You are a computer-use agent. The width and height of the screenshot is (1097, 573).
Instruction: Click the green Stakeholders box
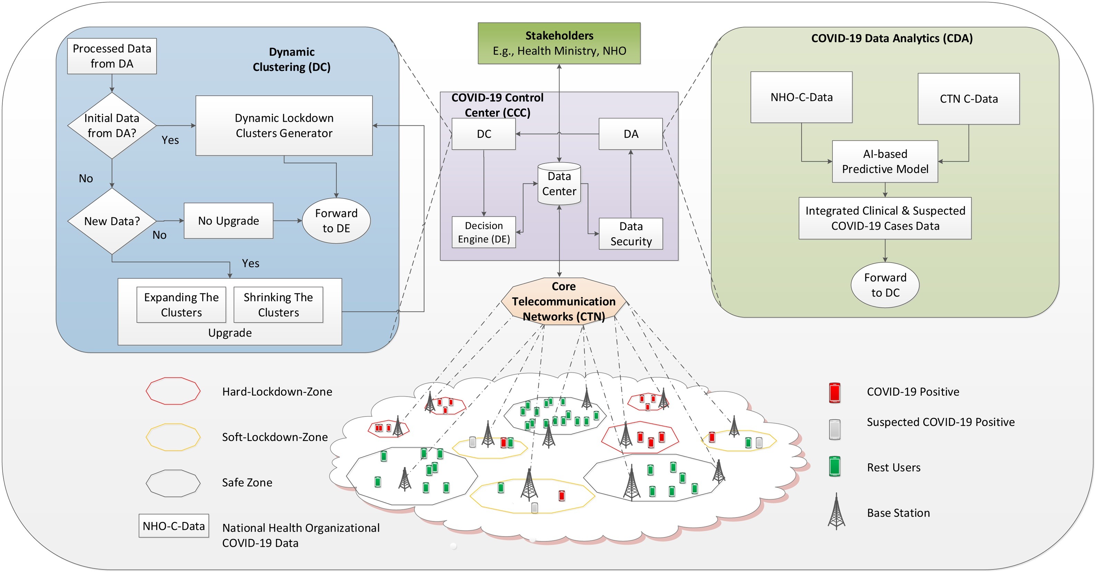click(559, 43)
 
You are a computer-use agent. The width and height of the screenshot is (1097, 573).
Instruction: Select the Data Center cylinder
click(559, 184)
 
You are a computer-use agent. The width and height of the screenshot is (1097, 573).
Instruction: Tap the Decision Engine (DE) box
click(483, 232)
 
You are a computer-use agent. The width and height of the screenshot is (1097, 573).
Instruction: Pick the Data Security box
click(631, 234)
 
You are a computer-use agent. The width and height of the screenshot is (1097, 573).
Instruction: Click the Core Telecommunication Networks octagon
click(564, 301)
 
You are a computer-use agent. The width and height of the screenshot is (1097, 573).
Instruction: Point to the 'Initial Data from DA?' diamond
click(112, 126)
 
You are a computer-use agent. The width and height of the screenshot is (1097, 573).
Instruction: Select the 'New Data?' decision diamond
click(112, 221)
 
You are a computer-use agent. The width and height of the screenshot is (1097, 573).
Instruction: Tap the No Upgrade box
click(228, 221)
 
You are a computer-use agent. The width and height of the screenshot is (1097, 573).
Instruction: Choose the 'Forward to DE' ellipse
click(336, 221)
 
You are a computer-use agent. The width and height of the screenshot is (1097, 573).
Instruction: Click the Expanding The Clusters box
click(181, 305)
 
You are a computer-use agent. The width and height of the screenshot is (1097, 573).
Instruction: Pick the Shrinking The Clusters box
click(278, 305)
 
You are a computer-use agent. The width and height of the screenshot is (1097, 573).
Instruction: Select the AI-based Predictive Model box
click(885, 161)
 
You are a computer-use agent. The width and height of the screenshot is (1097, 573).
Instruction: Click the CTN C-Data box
click(969, 99)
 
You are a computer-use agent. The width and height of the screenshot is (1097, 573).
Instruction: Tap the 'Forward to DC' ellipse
click(885, 285)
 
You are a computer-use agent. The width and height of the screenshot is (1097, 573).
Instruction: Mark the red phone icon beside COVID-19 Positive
click(834, 392)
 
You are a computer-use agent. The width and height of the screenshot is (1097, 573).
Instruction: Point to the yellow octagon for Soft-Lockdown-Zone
click(173, 437)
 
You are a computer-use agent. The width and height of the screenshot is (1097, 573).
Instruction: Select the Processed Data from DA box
click(112, 56)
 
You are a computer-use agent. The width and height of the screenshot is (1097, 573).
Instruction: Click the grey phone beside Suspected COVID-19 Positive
click(834, 429)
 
